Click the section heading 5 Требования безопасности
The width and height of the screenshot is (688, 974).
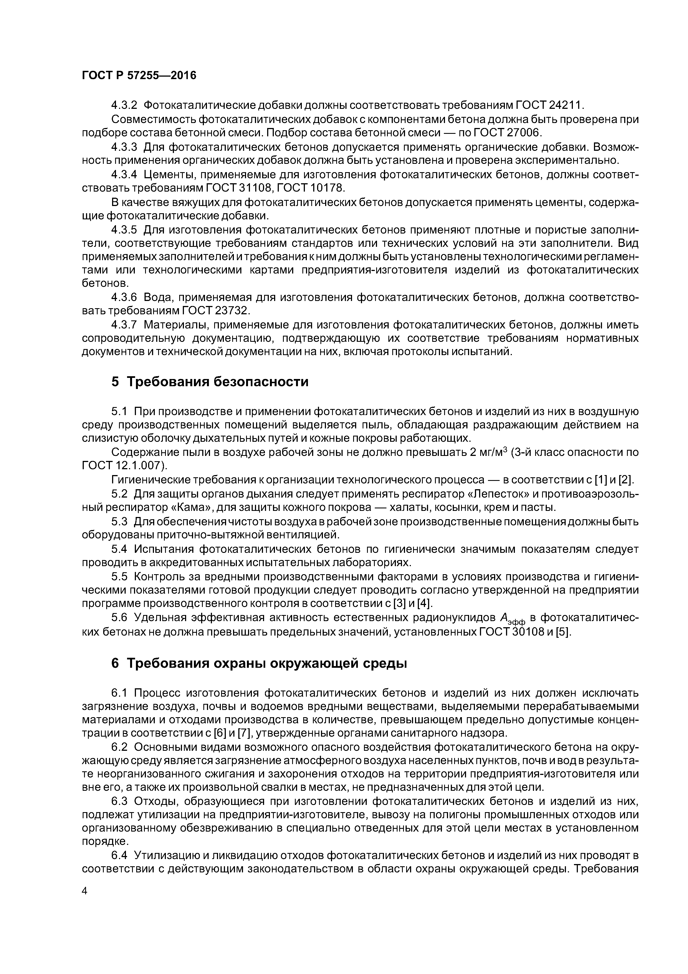point(210,382)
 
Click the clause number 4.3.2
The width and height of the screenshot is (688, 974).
point(124,105)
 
